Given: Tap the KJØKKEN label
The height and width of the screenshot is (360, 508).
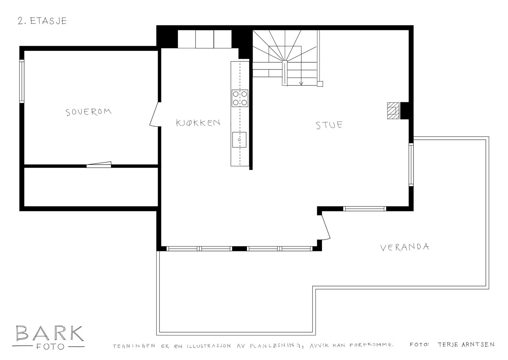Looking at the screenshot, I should point(198,123).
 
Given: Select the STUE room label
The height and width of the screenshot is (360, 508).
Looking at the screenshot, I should point(329,125).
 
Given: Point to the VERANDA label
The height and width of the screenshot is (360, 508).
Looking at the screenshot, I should point(404,247).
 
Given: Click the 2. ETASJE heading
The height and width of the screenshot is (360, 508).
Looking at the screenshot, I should point(42,21).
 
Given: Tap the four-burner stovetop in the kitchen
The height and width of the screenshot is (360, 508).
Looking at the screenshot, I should point(240,98).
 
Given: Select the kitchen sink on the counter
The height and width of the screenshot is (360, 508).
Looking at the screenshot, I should point(239,139).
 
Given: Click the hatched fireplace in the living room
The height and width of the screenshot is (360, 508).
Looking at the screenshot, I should point(393,111).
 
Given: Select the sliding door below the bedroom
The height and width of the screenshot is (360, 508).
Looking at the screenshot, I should point(99,164).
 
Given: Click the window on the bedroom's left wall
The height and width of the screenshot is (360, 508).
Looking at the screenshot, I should point(22,81).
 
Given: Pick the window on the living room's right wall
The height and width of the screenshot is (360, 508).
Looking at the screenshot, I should point(411,164).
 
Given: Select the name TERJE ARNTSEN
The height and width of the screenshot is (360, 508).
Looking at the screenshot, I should point(465,344).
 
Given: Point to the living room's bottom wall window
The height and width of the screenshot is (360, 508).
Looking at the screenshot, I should point(364,209).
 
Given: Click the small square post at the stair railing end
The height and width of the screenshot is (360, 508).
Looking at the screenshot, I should point(320,84).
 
